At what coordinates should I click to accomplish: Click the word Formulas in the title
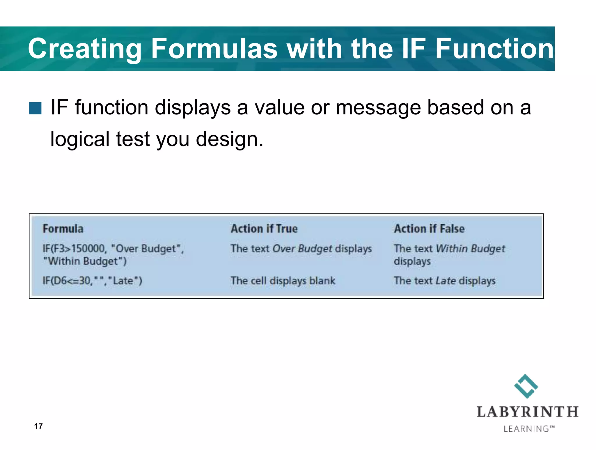tap(214, 49)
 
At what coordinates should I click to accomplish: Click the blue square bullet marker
tap(35, 108)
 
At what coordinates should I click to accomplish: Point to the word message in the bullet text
tap(378, 108)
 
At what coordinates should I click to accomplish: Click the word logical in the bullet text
tap(80, 139)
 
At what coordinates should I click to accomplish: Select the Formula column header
tap(63, 229)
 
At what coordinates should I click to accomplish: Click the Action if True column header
tap(264, 229)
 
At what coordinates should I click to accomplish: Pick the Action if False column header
tap(429, 229)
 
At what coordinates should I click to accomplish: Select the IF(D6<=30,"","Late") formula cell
tap(92, 281)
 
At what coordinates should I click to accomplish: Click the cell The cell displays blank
tap(283, 281)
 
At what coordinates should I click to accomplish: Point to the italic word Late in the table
tap(446, 281)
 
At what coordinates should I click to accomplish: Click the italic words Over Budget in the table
tap(302, 249)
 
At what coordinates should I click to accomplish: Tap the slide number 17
tap(38, 426)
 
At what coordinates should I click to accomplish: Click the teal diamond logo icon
tap(526, 386)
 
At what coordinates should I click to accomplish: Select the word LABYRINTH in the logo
tap(527, 412)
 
